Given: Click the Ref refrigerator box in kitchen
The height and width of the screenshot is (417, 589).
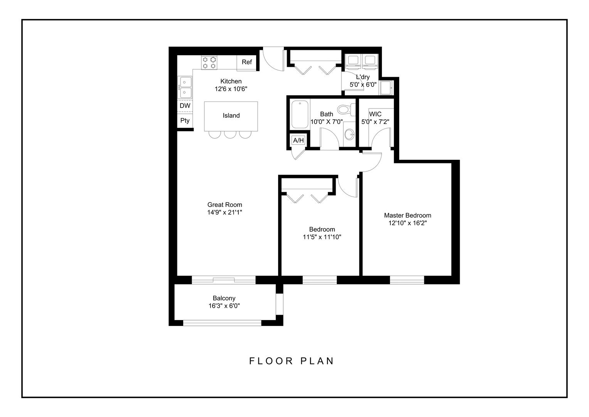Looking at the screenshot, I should (x=246, y=63).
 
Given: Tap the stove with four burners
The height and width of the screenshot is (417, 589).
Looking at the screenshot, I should (x=209, y=63).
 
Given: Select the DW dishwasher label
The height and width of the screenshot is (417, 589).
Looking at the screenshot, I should (x=185, y=106).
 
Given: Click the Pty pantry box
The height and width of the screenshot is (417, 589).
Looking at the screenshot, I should (x=185, y=120).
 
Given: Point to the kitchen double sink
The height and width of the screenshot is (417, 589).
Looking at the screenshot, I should (x=185, y=88).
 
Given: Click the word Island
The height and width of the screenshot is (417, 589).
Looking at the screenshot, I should (x=231, y=115).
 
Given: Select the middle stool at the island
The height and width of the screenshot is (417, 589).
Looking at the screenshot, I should (x=230, y=134).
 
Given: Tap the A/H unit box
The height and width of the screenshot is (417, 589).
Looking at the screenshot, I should (x=298, y=140).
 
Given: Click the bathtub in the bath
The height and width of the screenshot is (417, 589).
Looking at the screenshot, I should (x=300, y=115).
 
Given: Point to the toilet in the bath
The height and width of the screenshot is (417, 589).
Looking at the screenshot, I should (x=344, y=110).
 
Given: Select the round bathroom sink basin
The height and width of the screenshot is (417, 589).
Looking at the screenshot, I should (x=349, y=135).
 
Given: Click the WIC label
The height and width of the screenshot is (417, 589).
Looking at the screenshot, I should (x=375, y=114).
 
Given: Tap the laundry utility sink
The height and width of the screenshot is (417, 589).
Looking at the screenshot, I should (x=385, y=88).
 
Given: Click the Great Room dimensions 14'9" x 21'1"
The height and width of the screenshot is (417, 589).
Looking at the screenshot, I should (x=224, y=212).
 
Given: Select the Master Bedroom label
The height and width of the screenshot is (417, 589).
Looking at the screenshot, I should (x=407, y=215).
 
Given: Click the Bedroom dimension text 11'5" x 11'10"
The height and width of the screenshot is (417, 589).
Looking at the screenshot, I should (x=322, y=237).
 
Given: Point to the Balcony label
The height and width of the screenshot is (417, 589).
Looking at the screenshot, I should (x=224, y=298).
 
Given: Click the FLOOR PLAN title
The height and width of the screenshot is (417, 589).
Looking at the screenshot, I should (x=291, y=361).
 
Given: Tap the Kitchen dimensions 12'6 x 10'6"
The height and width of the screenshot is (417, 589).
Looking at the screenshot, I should (x=231, y=89).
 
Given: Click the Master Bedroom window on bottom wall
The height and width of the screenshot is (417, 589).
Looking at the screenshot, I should (x=407, y=280).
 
